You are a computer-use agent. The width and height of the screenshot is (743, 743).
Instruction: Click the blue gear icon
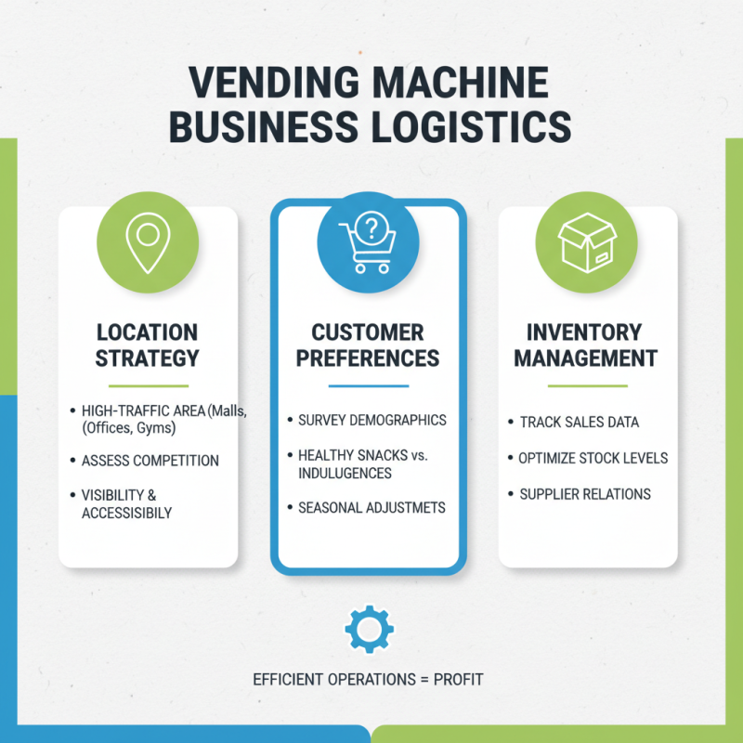tap(369, 631)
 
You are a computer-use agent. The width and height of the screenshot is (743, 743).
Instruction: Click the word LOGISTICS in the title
tap(465, 125)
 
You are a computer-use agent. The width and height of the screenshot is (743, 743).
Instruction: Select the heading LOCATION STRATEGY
tap(148, 345)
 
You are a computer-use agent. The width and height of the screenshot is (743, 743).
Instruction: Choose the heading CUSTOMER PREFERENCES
tap(368, 345)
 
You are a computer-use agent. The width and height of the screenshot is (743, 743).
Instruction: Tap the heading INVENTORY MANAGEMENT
tap(586, 345)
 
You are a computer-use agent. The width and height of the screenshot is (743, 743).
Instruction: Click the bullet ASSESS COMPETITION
tap(150, 461)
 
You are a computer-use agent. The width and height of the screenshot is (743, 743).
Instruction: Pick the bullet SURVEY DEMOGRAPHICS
tap(371, 420)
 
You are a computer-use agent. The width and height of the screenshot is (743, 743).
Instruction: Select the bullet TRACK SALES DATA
tap(579, 422)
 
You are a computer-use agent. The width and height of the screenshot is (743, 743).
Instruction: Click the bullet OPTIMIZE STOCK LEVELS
tap(593, 458)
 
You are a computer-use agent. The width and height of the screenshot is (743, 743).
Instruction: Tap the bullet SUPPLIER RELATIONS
tap(585, 494)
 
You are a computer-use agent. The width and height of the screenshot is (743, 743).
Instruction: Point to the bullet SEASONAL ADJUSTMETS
tap(371, 508)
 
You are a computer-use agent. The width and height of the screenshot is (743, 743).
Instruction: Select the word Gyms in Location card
tap(157, 428)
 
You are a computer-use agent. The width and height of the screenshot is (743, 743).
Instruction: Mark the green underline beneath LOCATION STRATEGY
tap(148, 385)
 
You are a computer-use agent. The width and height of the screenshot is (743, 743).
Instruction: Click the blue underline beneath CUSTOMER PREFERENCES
tap(368, 385)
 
